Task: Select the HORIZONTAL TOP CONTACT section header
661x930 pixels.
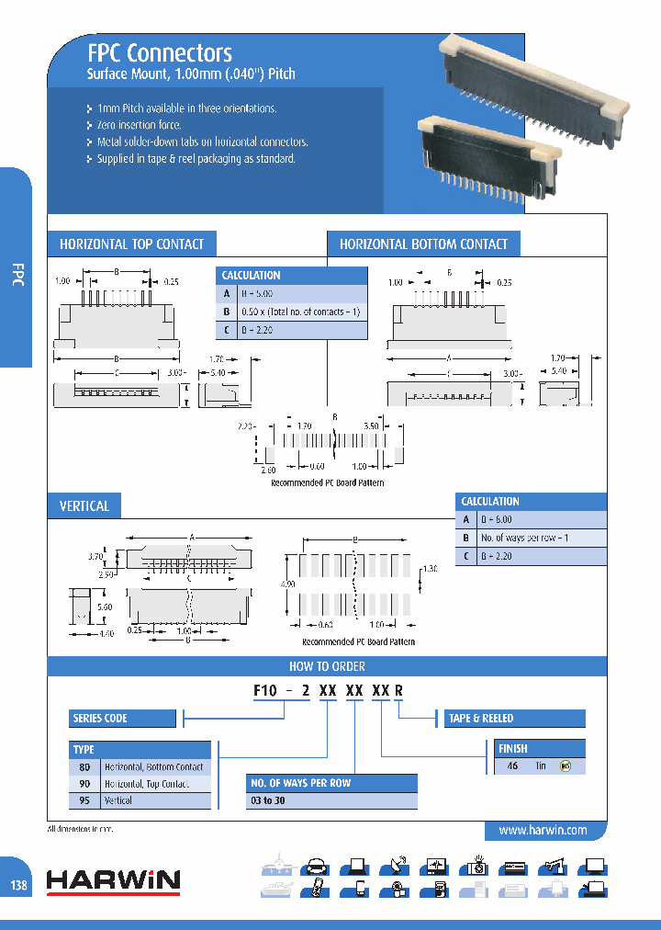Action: click(x=131, y=244)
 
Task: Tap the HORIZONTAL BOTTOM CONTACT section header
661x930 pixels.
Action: click(x=423, y=244)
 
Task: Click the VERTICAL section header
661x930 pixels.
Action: click(x=84, y=506)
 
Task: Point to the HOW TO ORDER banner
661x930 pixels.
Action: click(x=327, y=666)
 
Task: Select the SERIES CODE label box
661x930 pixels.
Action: click(x=122, y=719)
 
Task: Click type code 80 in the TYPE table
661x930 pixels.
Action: click(x=84, y=766)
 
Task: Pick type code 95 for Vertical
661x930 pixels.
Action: click(x=84, y=800)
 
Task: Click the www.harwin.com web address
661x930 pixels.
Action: click(x=543, y=830)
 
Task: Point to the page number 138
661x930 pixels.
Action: click(x=19, y=884)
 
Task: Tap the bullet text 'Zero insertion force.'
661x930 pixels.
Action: click(x=140, y=125)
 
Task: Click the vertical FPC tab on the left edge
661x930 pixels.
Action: click(x=17, y=276)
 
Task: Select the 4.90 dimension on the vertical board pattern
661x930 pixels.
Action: click(x=286, y=584)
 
